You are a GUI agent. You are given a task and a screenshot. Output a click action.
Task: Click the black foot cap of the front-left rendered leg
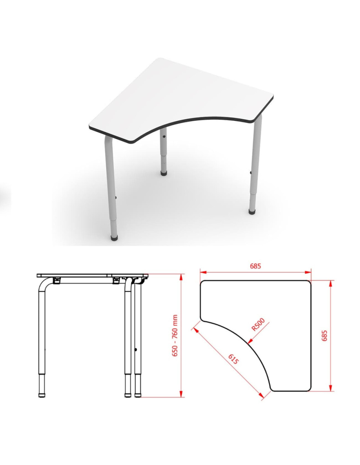[x=114, y=238]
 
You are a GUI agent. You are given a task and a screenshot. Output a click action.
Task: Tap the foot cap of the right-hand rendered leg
[x=252, y=212]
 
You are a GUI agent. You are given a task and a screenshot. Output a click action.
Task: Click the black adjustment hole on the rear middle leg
[x=164, y=136]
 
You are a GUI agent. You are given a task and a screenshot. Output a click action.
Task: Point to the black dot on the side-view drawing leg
[x=135, y=350]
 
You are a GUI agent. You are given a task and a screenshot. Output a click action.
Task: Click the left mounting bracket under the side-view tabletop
[x=56, y=280]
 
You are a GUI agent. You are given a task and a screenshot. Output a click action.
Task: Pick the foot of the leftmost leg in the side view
[x=42, y=395]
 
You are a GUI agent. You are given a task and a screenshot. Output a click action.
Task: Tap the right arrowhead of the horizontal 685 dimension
[x=307, y=272]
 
